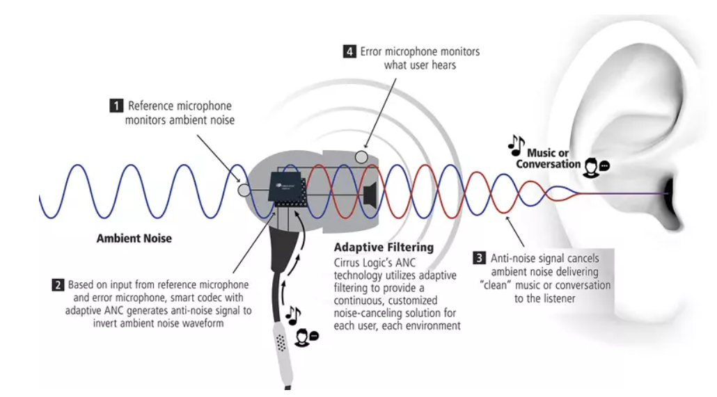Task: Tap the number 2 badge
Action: click(58, 285)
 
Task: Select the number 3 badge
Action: click(478, 259)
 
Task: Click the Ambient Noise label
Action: click(135, 238)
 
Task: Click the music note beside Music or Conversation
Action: click(516, 144)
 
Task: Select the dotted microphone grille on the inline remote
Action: click(281, 343)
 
